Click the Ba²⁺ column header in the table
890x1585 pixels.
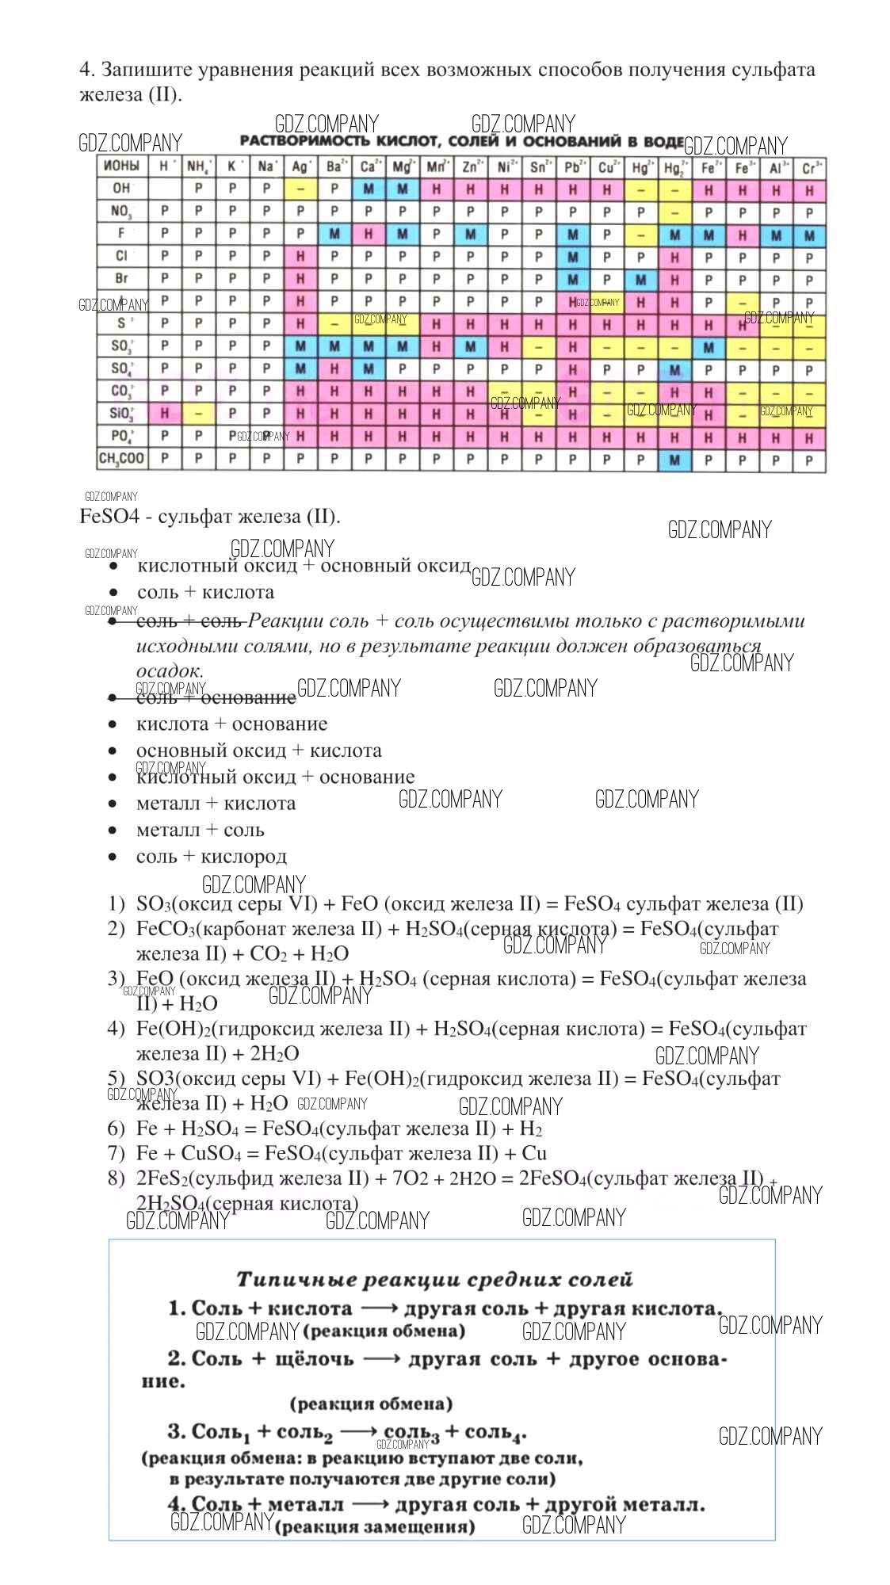tap(334, 167)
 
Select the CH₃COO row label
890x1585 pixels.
tap(121, 459)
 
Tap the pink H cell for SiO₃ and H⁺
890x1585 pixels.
tap(165, 414)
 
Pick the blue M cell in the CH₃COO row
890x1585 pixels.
tap(674, 460)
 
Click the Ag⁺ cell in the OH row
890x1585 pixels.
tap(300, 190)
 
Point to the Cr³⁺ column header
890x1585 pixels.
tap(810, 167)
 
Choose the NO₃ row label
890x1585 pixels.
tap(121, 212)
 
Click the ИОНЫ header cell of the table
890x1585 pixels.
tap(121, 166)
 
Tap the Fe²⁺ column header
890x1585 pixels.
tap(709, 167)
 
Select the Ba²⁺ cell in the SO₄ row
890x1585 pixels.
tap(334, 369)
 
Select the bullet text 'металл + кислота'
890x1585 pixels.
tap(216, 804)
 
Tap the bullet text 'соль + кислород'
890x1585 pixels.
tap(212, 857)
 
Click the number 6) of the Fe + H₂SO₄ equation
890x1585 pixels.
tap(117, 1129)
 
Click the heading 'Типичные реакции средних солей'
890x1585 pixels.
tap(434, 1280)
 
